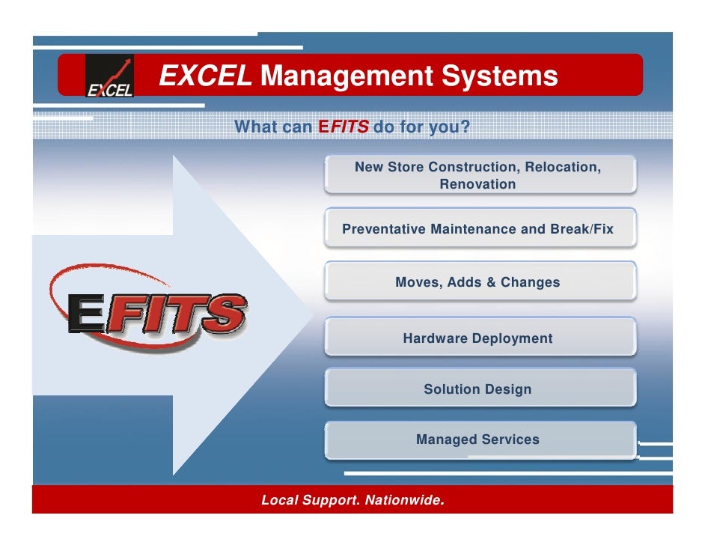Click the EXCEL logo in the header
[x=109, y=76]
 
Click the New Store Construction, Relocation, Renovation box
[x=480, y=175]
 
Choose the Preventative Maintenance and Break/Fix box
[x=480, y=229]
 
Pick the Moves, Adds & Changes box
[x=480, y=283]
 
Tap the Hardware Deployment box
[x=480, y=338]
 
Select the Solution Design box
[x=480, y=389]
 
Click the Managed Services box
[x=480, y=439]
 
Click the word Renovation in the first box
[x=477, y=184]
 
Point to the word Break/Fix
[x=582, y=229]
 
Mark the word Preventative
[x=384, y=229]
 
